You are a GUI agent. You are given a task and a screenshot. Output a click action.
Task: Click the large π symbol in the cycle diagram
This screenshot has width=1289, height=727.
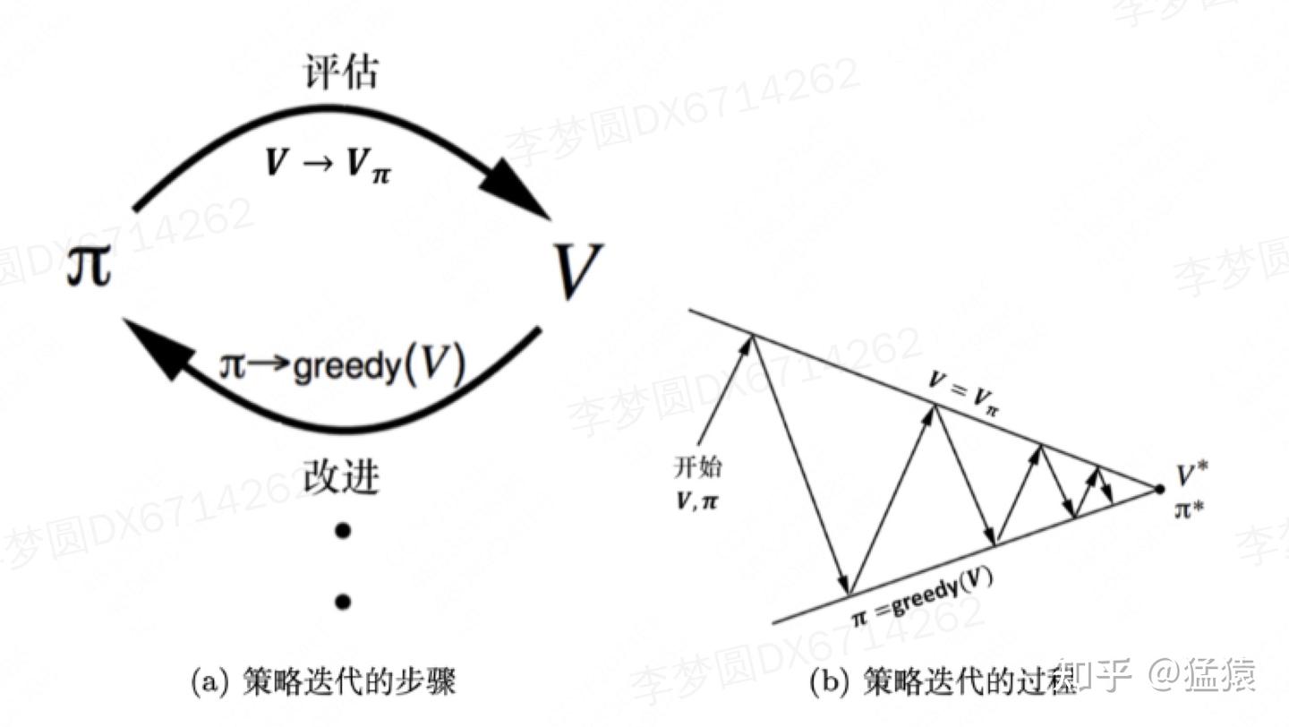point(90,267)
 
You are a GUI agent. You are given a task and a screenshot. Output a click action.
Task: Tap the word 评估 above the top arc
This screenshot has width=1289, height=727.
point(338,73)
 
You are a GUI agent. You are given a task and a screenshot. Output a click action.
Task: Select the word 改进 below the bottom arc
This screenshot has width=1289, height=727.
point(341,478)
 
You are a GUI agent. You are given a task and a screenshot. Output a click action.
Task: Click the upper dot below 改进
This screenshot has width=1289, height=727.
point(342,531)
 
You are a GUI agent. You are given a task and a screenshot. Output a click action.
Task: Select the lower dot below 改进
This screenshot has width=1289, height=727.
point(342,600)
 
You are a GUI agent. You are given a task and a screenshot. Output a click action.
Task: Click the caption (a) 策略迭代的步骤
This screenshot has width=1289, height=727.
point(323,682)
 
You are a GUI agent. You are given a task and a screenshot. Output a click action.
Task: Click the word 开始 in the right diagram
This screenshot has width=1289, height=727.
point(698,468)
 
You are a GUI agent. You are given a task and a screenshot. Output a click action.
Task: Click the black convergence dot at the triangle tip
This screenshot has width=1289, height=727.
point(1159,489)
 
